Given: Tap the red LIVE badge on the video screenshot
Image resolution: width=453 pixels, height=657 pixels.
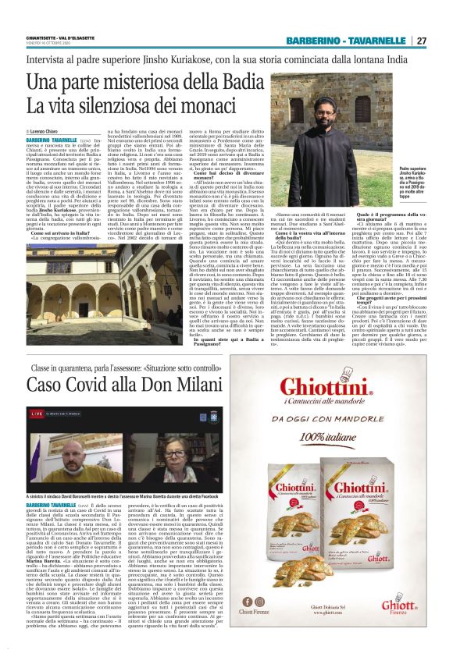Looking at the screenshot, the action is point(34,410).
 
